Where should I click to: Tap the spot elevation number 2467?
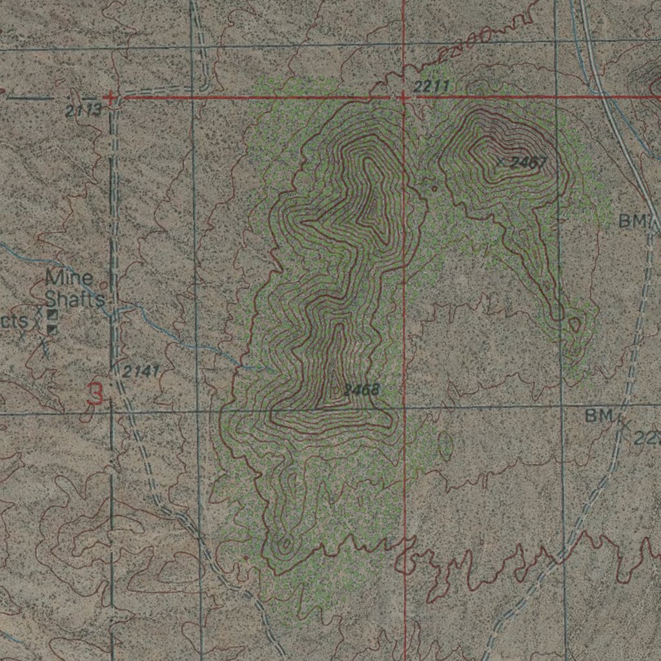click(x=527, y=163)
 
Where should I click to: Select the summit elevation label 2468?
click(x=361, y=390)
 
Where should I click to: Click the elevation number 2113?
click(x=83, y=111)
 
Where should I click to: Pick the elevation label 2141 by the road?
click(x=140, y=372)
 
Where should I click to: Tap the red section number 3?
click(x=95, y=394)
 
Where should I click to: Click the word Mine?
click(x=69, y=279)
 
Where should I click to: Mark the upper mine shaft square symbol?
click(x=53, y=315)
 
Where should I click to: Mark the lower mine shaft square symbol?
click(x=53, y=330)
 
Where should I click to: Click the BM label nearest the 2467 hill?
click(x=633, y=221)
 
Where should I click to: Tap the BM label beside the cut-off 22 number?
click(x=598, y=417)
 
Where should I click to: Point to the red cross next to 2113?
click(x=112, y=98)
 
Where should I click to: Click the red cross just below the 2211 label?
click(x=403, y=97)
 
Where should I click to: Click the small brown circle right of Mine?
click(x=103, y=282)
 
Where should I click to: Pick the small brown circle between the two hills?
click(x=434, y=188)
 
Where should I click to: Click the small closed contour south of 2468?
click(x=285, y=545)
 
